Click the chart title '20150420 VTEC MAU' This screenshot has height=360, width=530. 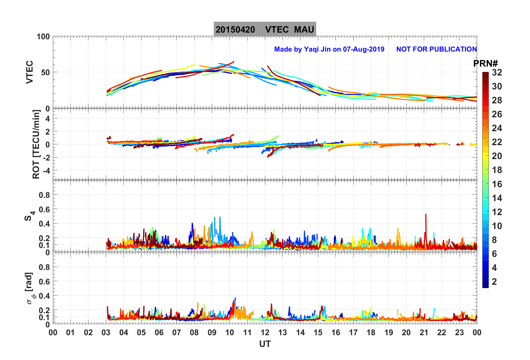[x=265, y=29]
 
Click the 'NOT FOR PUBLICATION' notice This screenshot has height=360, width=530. [x=436, y=49]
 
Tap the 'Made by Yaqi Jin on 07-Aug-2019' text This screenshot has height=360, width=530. [x=329, y=49]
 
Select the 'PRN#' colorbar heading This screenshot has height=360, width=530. [x=485, y=64]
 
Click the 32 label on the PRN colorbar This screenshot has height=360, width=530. [x=497, y=72]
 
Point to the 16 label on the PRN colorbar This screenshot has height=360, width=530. [x=497, y=184]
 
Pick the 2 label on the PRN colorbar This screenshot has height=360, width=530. [x=494, y=282]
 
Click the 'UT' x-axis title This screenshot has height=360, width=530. [x=265, y=344]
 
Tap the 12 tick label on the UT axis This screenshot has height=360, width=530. [x=265, y=332]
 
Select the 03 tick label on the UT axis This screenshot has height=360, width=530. [x=106, y=332]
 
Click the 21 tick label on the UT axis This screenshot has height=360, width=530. [x=424, y=332]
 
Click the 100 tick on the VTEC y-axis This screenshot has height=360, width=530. [x=43, y=37]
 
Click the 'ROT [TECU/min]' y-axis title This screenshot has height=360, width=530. [x=36, y=144]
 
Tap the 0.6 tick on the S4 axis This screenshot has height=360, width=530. [x=44, y=209]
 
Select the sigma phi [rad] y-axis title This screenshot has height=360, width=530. [x=30, y=288]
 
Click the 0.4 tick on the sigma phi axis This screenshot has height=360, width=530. [x=44, y=296]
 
